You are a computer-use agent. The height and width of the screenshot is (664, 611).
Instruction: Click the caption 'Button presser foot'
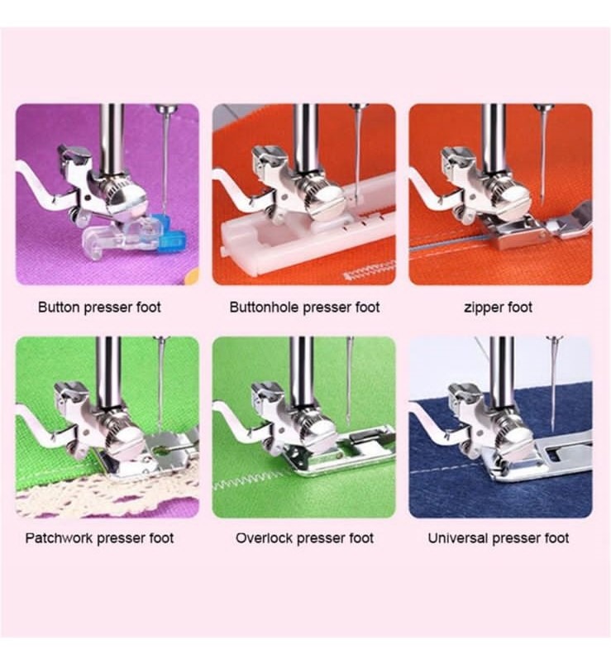pos(99,307)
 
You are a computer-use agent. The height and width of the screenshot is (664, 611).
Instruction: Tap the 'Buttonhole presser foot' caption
pos(304,307)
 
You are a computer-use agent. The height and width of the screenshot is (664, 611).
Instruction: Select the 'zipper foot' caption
pos(498,307)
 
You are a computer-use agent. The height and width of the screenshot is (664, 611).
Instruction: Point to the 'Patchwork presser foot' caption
pos(99,538)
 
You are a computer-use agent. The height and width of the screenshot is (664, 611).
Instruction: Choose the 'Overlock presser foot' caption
pos(304,538)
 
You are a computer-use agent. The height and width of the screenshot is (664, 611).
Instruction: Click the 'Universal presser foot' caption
pos(498,538)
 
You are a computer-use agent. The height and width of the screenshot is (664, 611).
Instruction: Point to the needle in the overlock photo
pos(349,381)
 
